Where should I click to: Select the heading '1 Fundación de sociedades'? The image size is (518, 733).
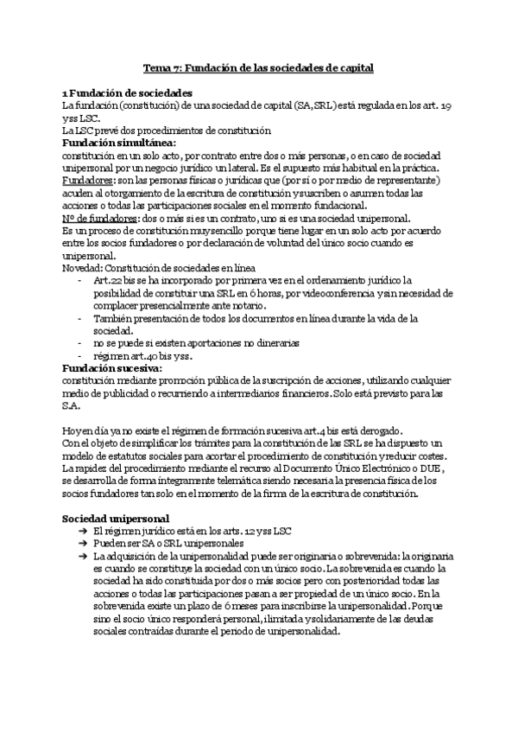[127, 92]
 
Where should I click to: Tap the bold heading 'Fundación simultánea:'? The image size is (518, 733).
[118, 142]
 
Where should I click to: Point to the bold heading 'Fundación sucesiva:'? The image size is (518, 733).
[112, 367]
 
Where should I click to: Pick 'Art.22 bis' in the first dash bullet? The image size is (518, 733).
[113, 280]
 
